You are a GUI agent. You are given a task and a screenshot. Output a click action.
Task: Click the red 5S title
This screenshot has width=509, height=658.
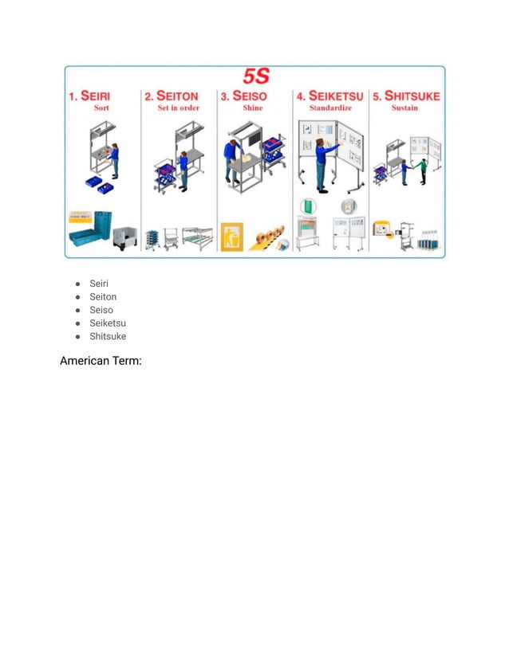[x=255, y=77]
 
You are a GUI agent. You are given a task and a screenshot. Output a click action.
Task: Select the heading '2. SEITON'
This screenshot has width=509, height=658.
[x=172, y=96]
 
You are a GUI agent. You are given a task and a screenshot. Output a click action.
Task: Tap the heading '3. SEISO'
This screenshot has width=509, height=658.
[x=245, y=96]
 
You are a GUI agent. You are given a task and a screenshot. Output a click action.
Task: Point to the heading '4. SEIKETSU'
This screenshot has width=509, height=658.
[x=329, y=96]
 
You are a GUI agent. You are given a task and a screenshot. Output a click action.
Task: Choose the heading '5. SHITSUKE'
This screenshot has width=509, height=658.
[x=406, y=96]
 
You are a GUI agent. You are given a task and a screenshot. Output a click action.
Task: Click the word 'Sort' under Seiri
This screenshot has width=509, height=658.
[x=101, y=108]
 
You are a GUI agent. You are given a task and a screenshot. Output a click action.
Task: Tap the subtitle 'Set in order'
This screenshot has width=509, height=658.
[x=178, y=108]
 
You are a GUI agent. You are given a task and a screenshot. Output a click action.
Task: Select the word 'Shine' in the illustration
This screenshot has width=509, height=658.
[x=252, y=108]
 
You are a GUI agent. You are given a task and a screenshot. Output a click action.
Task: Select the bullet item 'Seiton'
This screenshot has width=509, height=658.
[x=104, y=296]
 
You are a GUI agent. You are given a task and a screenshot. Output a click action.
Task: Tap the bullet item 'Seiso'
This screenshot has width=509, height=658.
[x=101, y=310]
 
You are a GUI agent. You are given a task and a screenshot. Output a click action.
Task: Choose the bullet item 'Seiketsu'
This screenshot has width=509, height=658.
[x=108, y=323]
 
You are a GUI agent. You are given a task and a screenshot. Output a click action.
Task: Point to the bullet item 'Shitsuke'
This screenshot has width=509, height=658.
[x=108, y=336]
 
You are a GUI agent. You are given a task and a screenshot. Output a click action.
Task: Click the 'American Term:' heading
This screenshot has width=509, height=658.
[x=101, y=362]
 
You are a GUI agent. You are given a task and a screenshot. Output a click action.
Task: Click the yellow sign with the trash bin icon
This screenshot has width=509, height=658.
[x=231, y=235]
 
